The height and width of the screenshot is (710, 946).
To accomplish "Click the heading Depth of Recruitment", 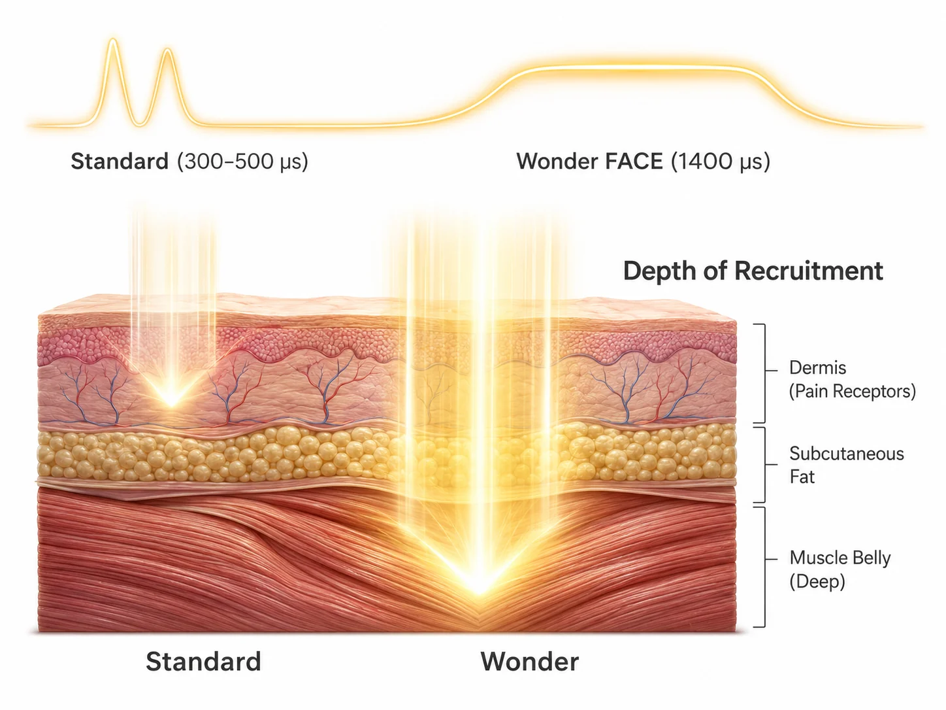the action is [x=753, y=271].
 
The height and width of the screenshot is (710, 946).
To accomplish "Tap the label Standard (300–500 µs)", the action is [x=189, y=161].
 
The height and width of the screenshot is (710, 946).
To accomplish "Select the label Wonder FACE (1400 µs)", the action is [x=643, y=161].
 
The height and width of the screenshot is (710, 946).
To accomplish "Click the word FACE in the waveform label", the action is [x=634, y=161].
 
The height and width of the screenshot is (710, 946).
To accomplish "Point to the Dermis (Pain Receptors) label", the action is [x=852, y=379].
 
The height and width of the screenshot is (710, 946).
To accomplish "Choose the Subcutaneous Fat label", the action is [x=847, y=465].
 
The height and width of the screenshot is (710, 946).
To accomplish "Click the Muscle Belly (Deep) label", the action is [x=840, y=569].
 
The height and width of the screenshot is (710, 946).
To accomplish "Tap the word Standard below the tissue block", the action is [x=203, y=661].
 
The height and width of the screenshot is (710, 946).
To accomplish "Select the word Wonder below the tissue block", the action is [x=530, y=661].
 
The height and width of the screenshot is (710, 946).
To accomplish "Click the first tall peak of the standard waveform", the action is [x=113, y=40].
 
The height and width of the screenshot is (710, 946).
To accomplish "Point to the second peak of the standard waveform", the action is [x=168, y=50].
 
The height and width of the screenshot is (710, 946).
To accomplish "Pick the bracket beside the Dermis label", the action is [x=765, y=373].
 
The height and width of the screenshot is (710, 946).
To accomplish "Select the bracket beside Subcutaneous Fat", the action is [x=765, y=465].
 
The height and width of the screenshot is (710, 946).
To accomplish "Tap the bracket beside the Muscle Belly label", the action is [x=765, y=567].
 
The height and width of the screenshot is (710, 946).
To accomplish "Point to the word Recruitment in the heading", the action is [x=809, y=271].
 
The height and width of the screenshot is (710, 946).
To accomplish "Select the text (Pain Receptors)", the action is [x=852, y=391].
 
